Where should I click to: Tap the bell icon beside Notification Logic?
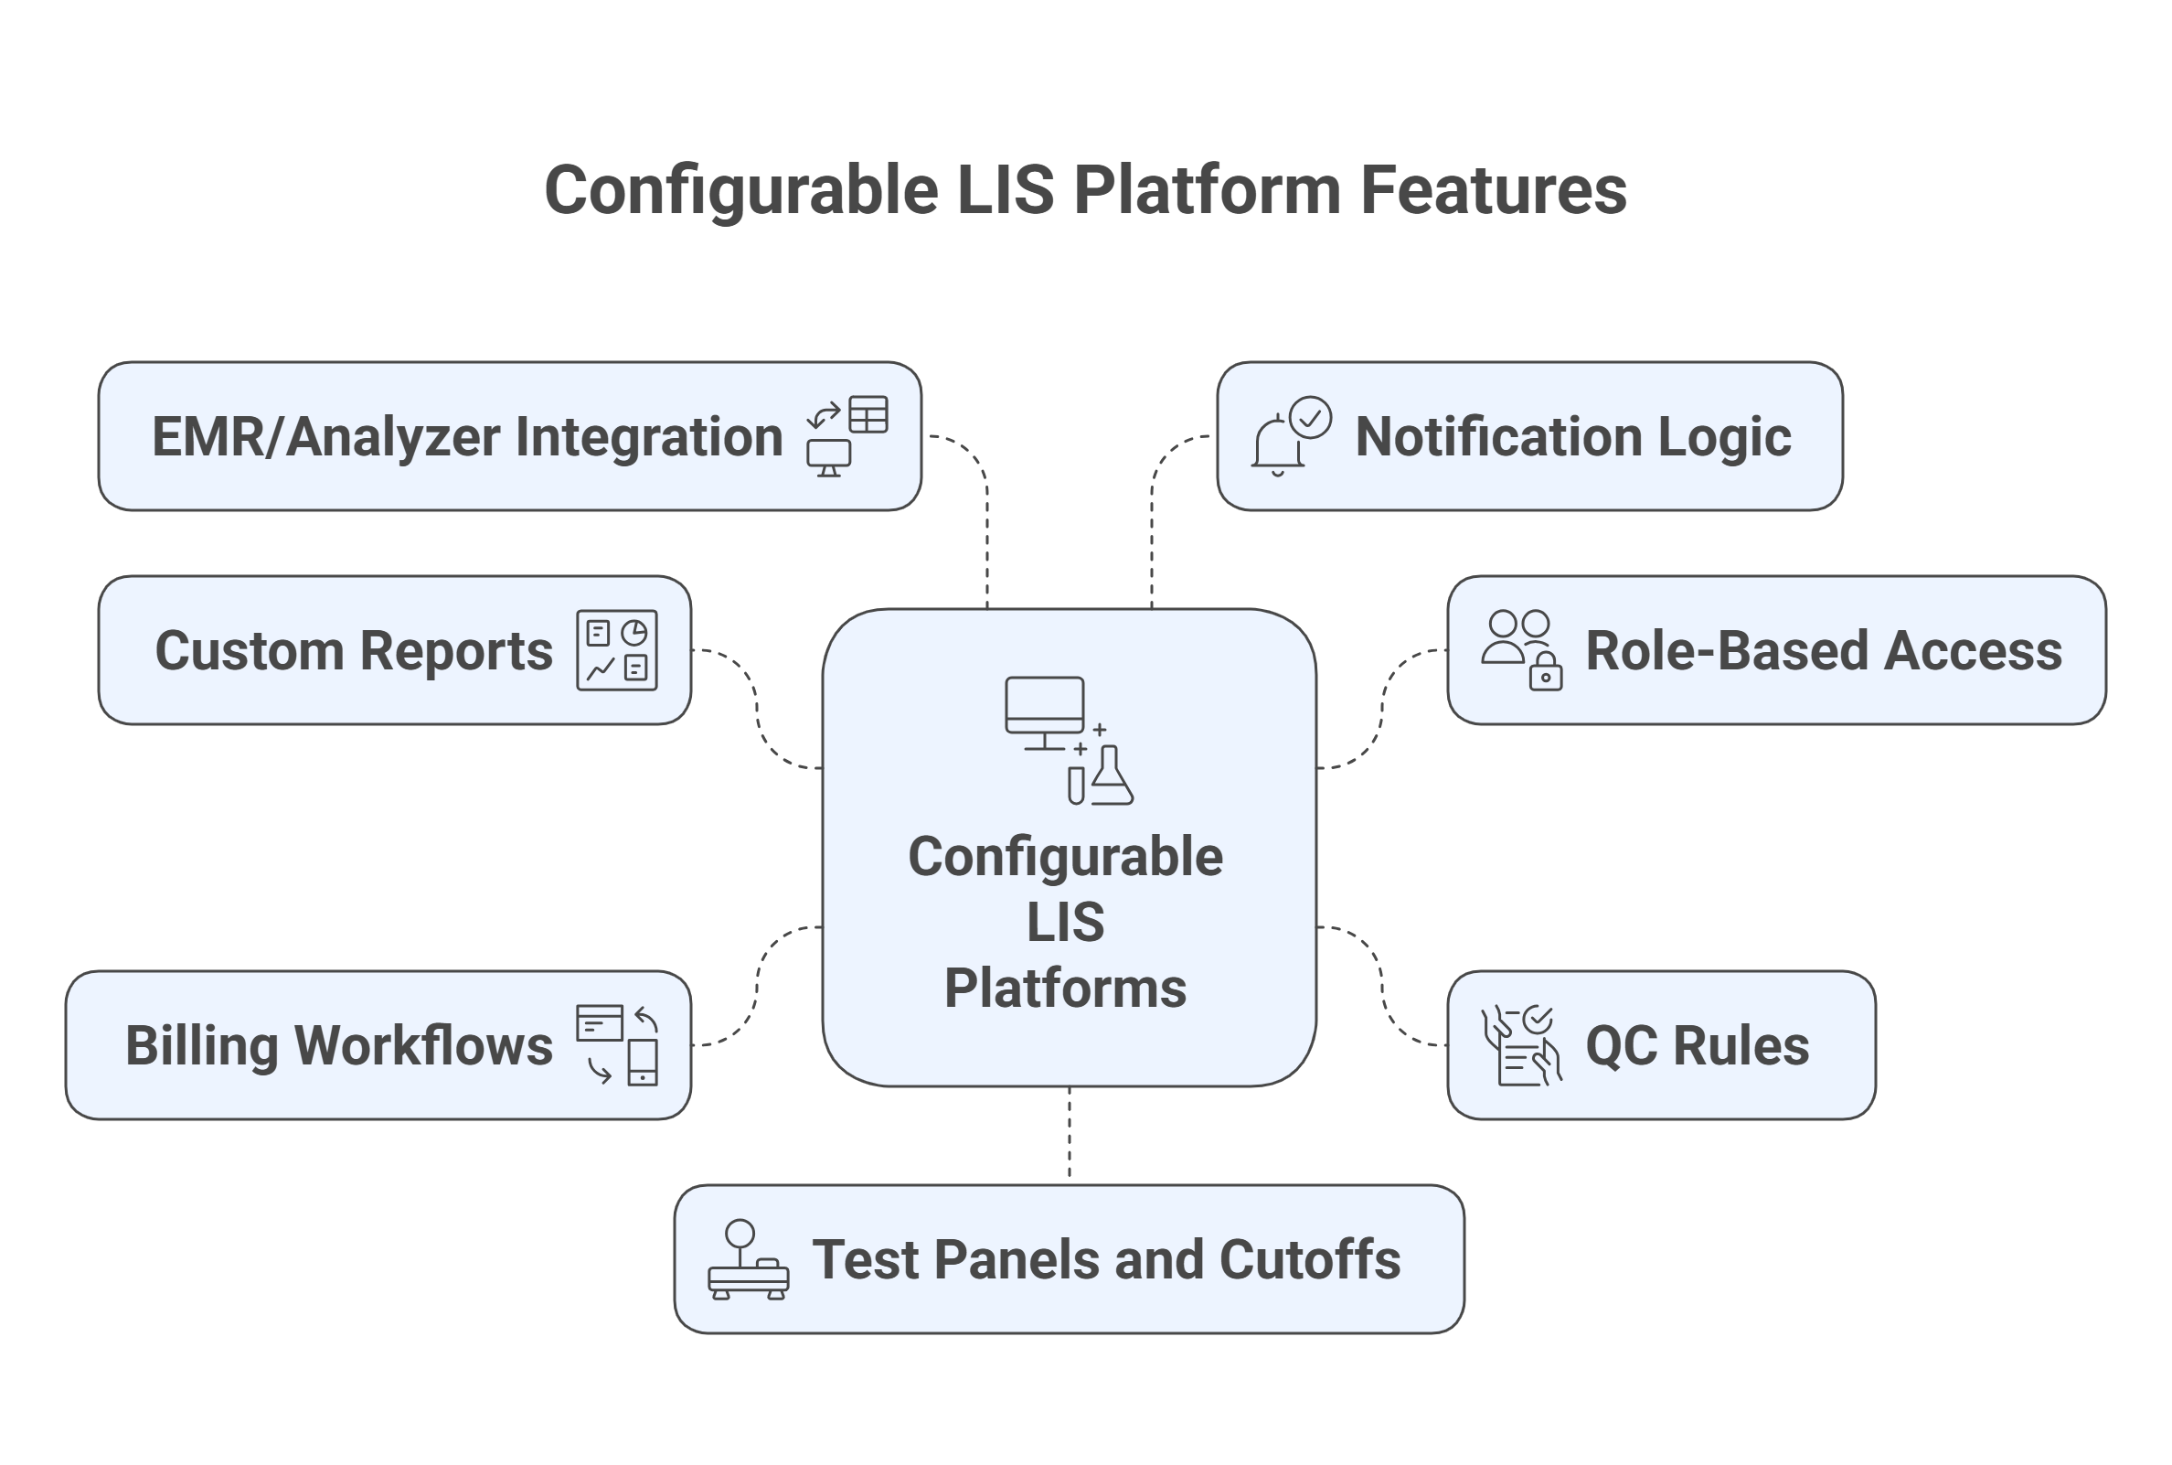click(x=1277, y=444)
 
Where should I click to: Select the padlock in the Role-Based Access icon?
click(x=1546, y=673)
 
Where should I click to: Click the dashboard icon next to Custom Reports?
click(x=616, y=650)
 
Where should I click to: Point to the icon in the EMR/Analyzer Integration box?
click(x=846, y=436)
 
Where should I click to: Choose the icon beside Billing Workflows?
click(x=616, y=1044)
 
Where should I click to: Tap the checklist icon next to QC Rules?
click(x=1521, y=1044)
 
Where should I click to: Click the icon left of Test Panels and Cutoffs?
click(x=748, y=1259)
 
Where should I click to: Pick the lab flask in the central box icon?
click(x=1111, y=777)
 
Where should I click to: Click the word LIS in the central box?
click(x=1066, y=923)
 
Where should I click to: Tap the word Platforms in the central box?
click(x=1066, y=989)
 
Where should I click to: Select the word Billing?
click(x=201, y=1045)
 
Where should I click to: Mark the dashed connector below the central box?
click(x=1070, y=1134)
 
